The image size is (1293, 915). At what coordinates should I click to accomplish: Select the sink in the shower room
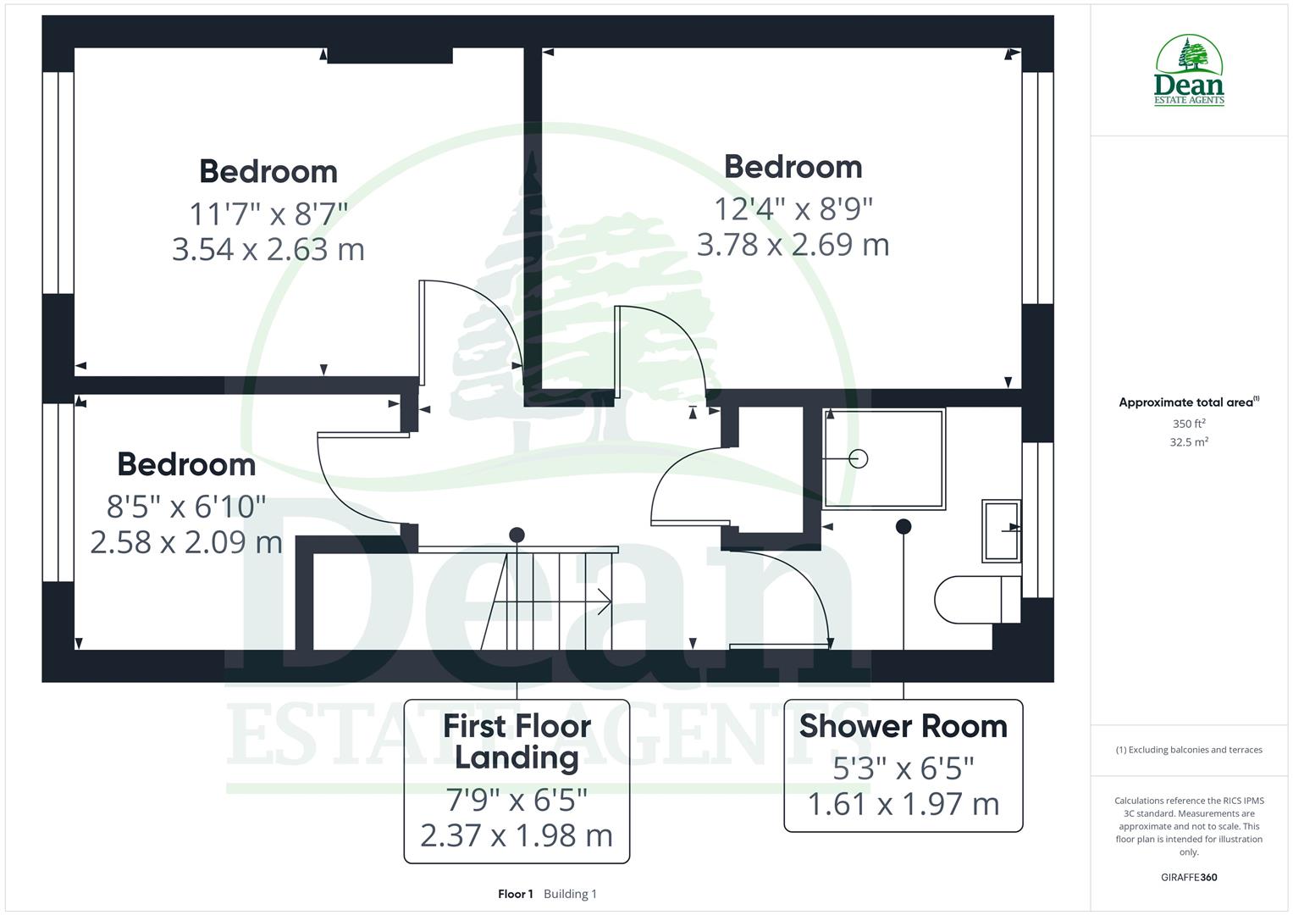(x=1001, y=530)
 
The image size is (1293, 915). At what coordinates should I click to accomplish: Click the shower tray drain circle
(x=859, y=458)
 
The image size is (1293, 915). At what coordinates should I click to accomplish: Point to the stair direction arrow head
(x=606, y=602)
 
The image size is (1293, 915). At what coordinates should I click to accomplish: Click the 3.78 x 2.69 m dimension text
(x=793, y=245)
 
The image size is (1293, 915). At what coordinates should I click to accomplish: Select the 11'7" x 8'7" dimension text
(x=268, y=213)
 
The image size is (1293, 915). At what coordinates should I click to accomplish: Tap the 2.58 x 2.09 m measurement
(x=186, y=542)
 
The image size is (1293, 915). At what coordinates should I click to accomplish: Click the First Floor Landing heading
(x=517, y=741)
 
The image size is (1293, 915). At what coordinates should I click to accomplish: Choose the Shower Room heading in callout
(x=903, y=726)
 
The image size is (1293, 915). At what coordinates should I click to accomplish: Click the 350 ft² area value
(x=1189, y=424)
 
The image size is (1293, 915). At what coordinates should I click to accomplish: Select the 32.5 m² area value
(x=1189, y=441)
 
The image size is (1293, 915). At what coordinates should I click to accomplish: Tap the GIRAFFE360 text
(x=1189, y=877)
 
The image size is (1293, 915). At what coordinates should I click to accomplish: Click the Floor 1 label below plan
(x=515, y=894)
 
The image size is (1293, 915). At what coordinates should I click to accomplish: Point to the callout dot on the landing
(x=517, y=535)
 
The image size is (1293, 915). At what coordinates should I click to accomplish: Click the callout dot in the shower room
(x=903, y=526)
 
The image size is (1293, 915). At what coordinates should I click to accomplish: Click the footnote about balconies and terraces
(x=1189, y=750)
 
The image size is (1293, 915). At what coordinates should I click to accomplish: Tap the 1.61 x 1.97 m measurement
(x=903, y=804)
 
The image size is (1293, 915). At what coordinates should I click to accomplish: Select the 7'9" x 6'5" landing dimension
(x=517, y=799)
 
